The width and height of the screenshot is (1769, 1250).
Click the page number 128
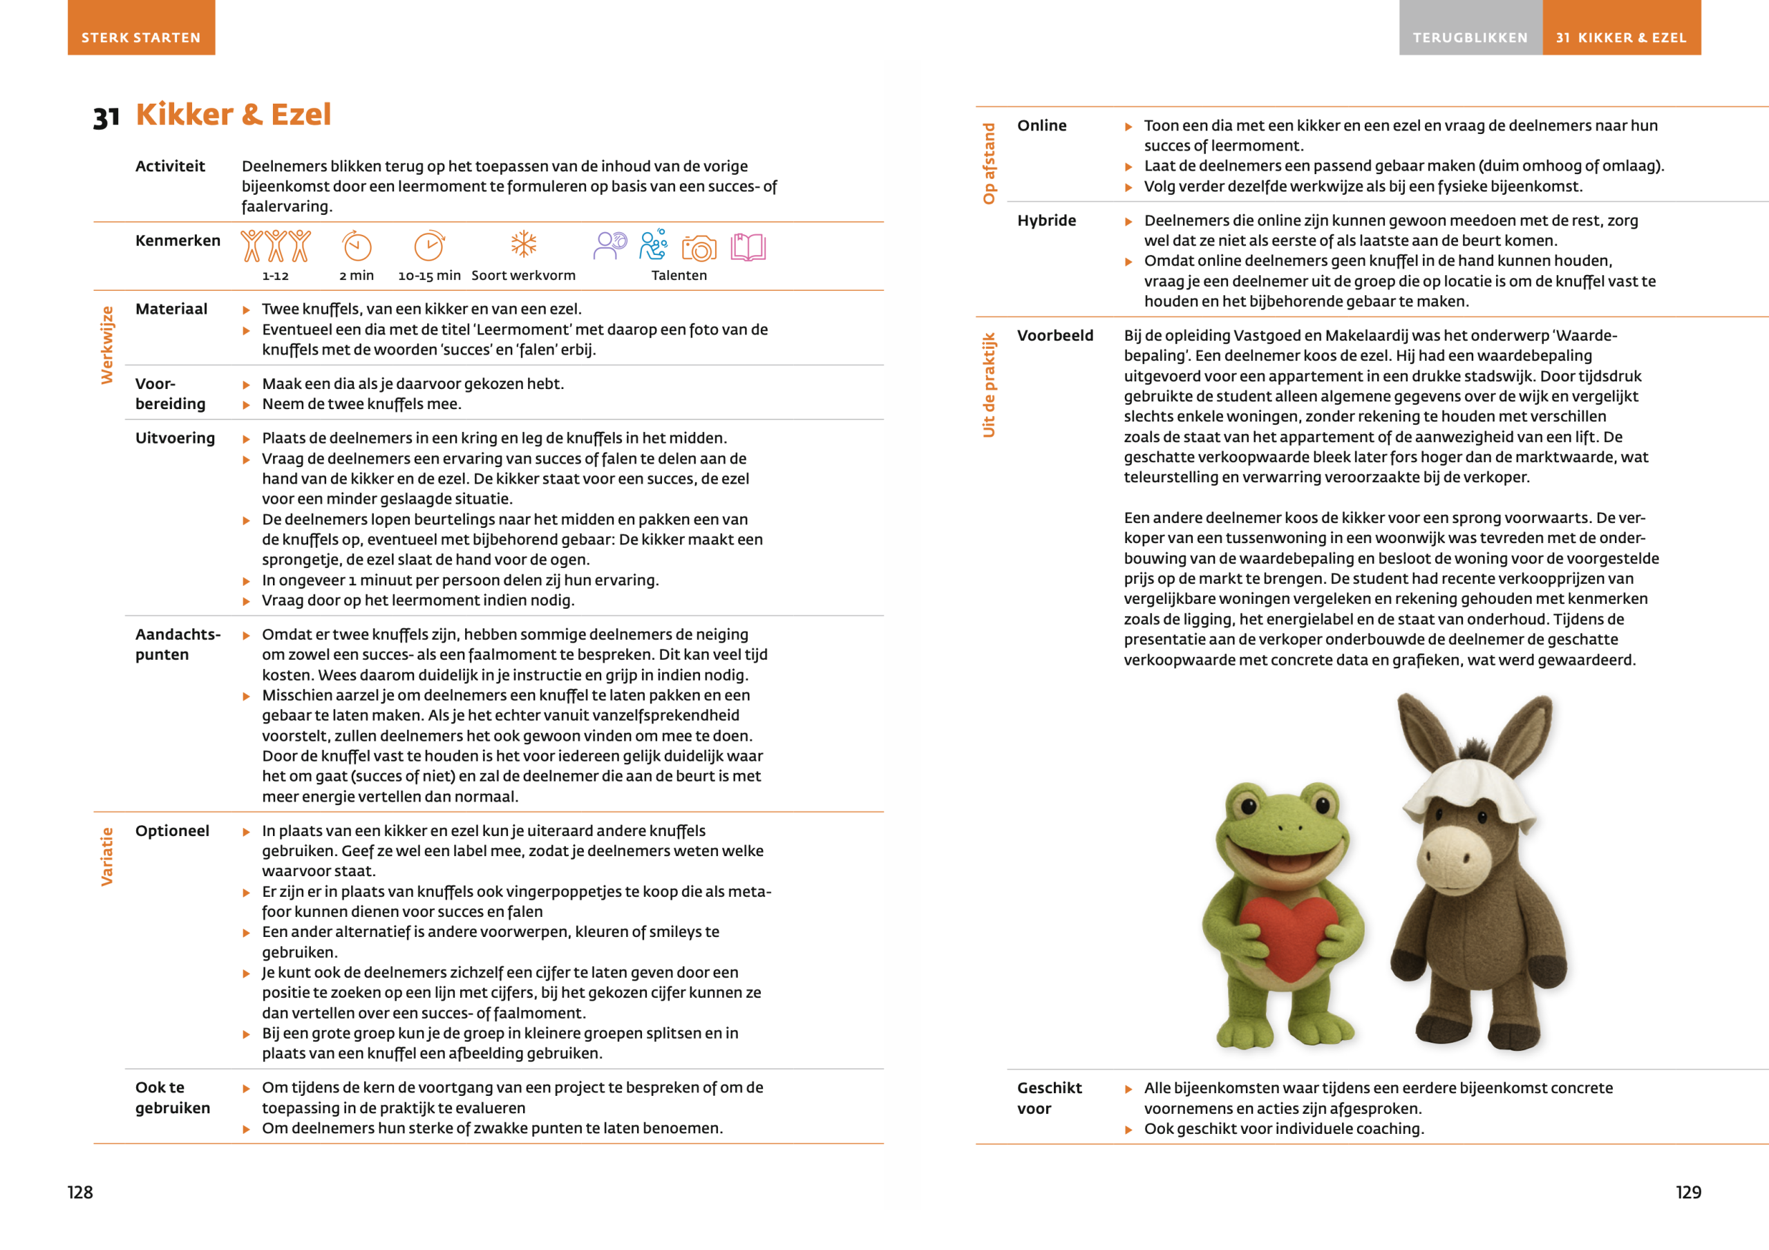pyautogui.click(x=80, y=1192)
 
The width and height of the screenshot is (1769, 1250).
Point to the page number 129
pyautogui.click(x=1688, y=1192)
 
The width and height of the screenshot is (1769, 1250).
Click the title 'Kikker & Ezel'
pyautogui.click(x=234, y=114)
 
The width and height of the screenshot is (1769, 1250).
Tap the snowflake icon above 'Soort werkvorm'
pyautogui.click(x=524, y=245)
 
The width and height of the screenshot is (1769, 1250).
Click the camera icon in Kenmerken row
pyautogui.click(x=699, y=248)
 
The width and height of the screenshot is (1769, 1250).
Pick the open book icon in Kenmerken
pyautogui.click(x=748, y=247)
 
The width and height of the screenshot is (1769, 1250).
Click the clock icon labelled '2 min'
pyautogui.click(x=357, y=247)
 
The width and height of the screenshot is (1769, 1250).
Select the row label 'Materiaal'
pyautogui.click(x=171, y=309)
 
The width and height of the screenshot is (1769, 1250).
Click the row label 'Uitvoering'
pyautogui.click(x=175, y=437)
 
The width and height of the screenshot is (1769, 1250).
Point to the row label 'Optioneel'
pyautogui.click(x=172, y=831)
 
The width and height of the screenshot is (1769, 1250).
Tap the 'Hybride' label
pyautogui.click(x=1046, y=220)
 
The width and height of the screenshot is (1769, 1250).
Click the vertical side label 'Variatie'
pyautogui.click(x=106, y=856)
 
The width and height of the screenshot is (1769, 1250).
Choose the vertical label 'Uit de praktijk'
pyautogui.click(x=989, y=385)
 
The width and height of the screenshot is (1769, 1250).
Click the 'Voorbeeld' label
pyautogui.click(x=1054, y=335)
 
